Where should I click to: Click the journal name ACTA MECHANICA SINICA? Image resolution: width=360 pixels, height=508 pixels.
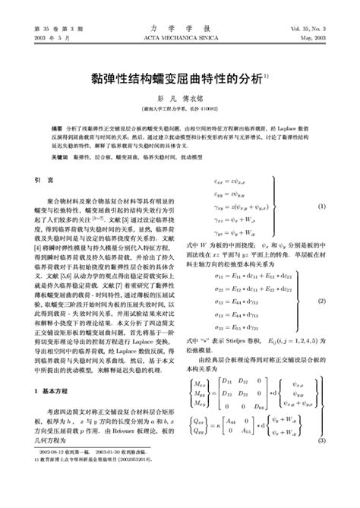(179, 36)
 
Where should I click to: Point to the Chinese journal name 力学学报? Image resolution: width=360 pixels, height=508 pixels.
(179, 27)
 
